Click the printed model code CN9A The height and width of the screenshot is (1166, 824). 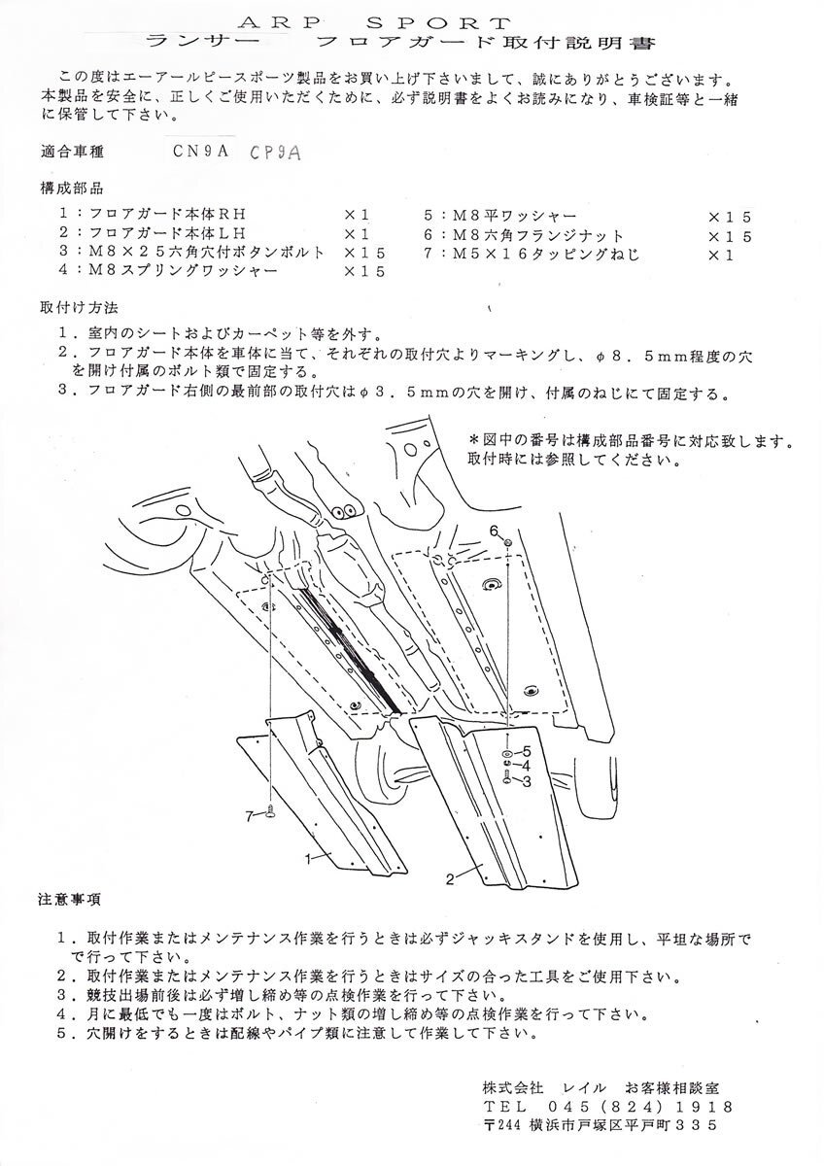202,152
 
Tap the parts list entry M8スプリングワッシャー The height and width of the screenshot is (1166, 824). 175,271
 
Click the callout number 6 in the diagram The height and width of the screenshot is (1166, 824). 494,530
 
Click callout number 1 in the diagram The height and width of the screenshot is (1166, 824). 308,858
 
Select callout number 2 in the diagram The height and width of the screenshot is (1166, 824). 451,880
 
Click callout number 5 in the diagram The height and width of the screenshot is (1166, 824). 526,752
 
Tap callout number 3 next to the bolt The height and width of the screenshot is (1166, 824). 526,779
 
